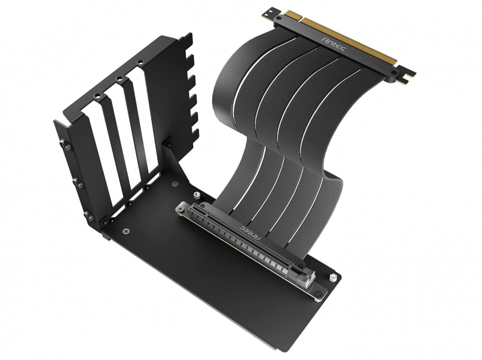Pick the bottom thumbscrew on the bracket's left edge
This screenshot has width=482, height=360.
pyautogui.click(x=89, y=215)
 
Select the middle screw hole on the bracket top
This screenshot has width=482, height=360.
pyautogui.click(x=120, y=78)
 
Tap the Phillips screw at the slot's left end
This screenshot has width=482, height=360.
pyautogui.click(x=180, y=209)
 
